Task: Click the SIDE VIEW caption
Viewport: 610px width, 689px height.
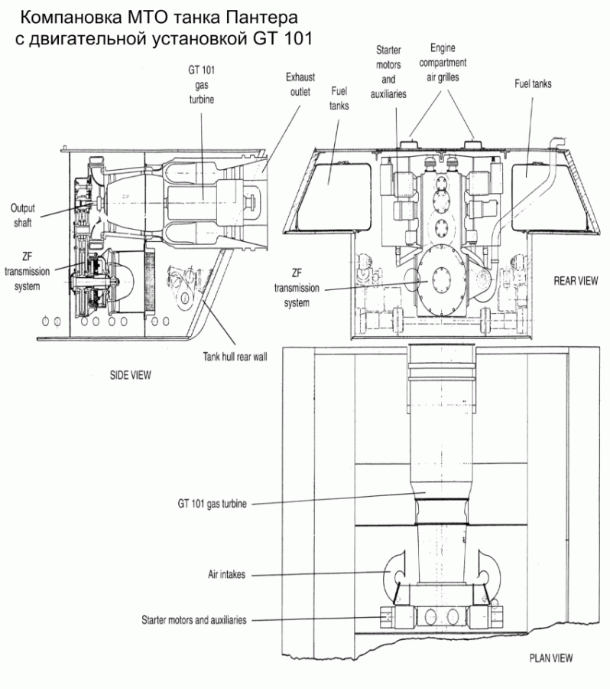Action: (131, 375)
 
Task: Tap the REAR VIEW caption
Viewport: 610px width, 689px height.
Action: (576, 281)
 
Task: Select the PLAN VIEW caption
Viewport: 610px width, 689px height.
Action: (551, 658)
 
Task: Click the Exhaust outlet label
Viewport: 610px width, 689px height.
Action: (300, 84)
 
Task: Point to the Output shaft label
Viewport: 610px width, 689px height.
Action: (23, 215)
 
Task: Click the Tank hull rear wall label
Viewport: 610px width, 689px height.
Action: (235, 356)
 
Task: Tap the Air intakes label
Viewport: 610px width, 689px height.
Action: (226, 574)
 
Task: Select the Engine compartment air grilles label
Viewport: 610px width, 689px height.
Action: (443, 63)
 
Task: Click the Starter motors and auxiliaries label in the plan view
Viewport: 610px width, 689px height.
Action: (194, 620)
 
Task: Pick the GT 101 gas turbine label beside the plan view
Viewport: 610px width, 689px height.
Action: (212, 504)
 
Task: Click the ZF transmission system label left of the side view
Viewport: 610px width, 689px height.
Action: (28, 271)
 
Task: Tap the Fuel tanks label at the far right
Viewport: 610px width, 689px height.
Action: (534, 84)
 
